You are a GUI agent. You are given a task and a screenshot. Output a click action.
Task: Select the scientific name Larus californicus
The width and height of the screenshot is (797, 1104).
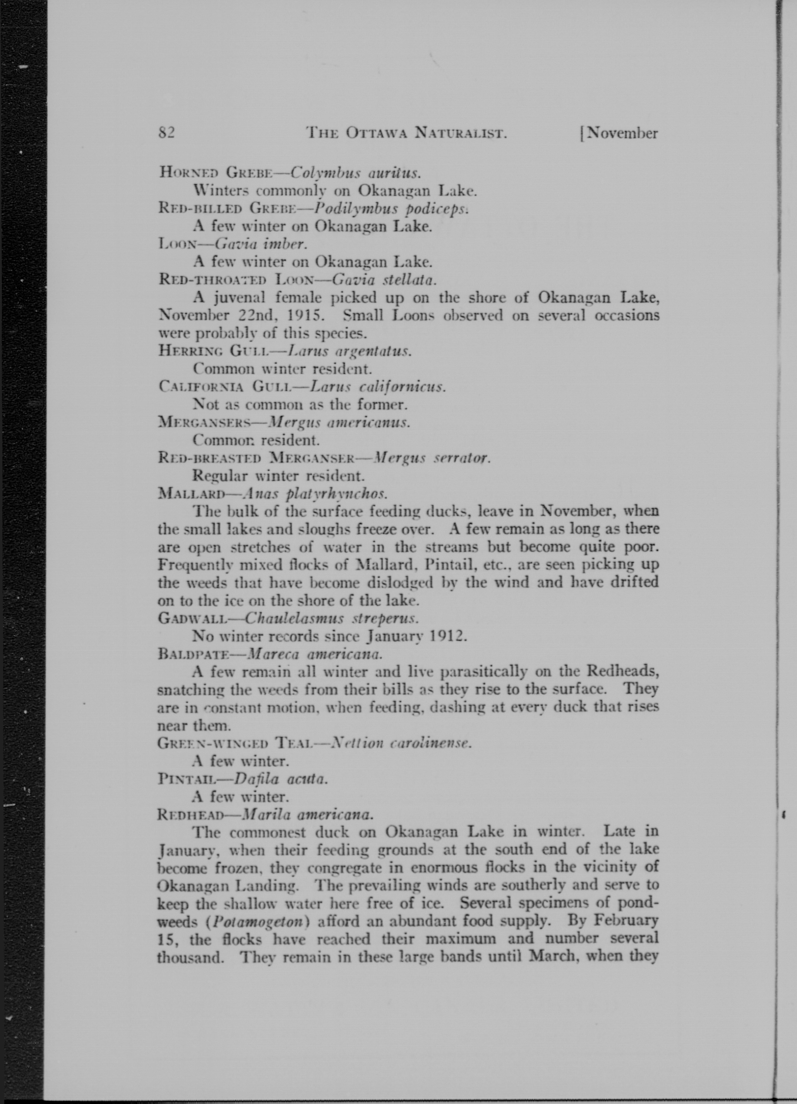(377, 387)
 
